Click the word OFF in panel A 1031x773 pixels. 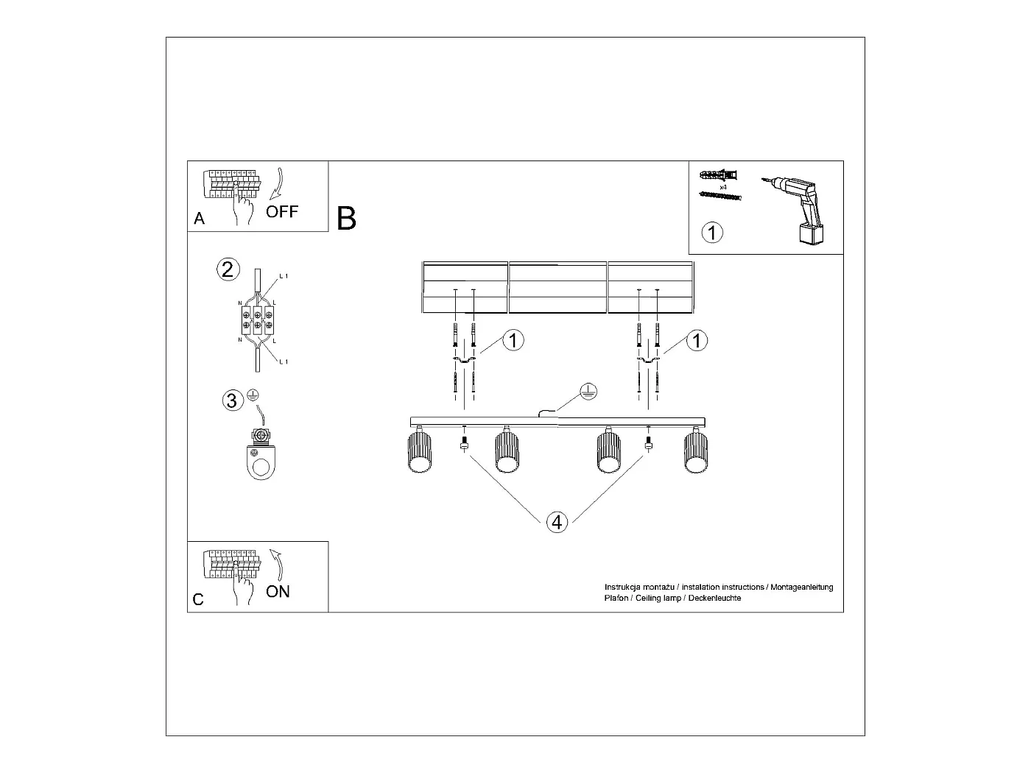(x=282, y=212)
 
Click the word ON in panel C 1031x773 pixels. (x=278, y=591)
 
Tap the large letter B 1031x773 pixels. (x=346, y=219)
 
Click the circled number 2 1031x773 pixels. (x=228, y=269)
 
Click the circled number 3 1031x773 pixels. (x=232, y=400)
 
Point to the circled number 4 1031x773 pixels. (x=557, y=523)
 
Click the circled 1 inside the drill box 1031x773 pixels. (x=712, y=233)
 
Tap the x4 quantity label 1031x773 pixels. (x=723, y=188)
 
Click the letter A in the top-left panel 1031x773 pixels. (x=199, y=219)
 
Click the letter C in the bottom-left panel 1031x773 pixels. (x=198, y=600)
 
